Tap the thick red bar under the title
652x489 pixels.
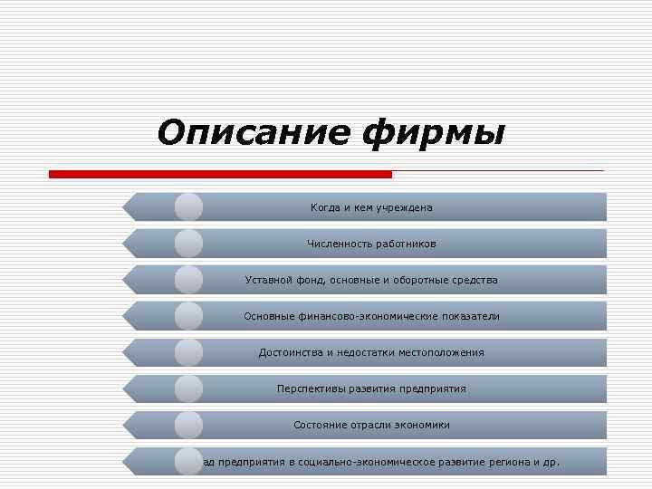220,174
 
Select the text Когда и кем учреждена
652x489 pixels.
371,207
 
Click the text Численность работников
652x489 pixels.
371,244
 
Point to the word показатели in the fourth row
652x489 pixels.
468,316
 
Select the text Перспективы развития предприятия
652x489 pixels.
371,388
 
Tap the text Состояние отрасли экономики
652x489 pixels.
371,425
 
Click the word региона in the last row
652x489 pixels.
506,461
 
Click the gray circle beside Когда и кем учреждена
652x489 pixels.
188,207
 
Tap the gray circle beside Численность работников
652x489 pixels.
188,244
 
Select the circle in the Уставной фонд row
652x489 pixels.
188,280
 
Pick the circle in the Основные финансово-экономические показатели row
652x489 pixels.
188,316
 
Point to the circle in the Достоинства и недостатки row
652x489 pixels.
188,352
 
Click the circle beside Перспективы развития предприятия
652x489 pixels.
188,388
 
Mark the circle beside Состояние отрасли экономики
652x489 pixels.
188,425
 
